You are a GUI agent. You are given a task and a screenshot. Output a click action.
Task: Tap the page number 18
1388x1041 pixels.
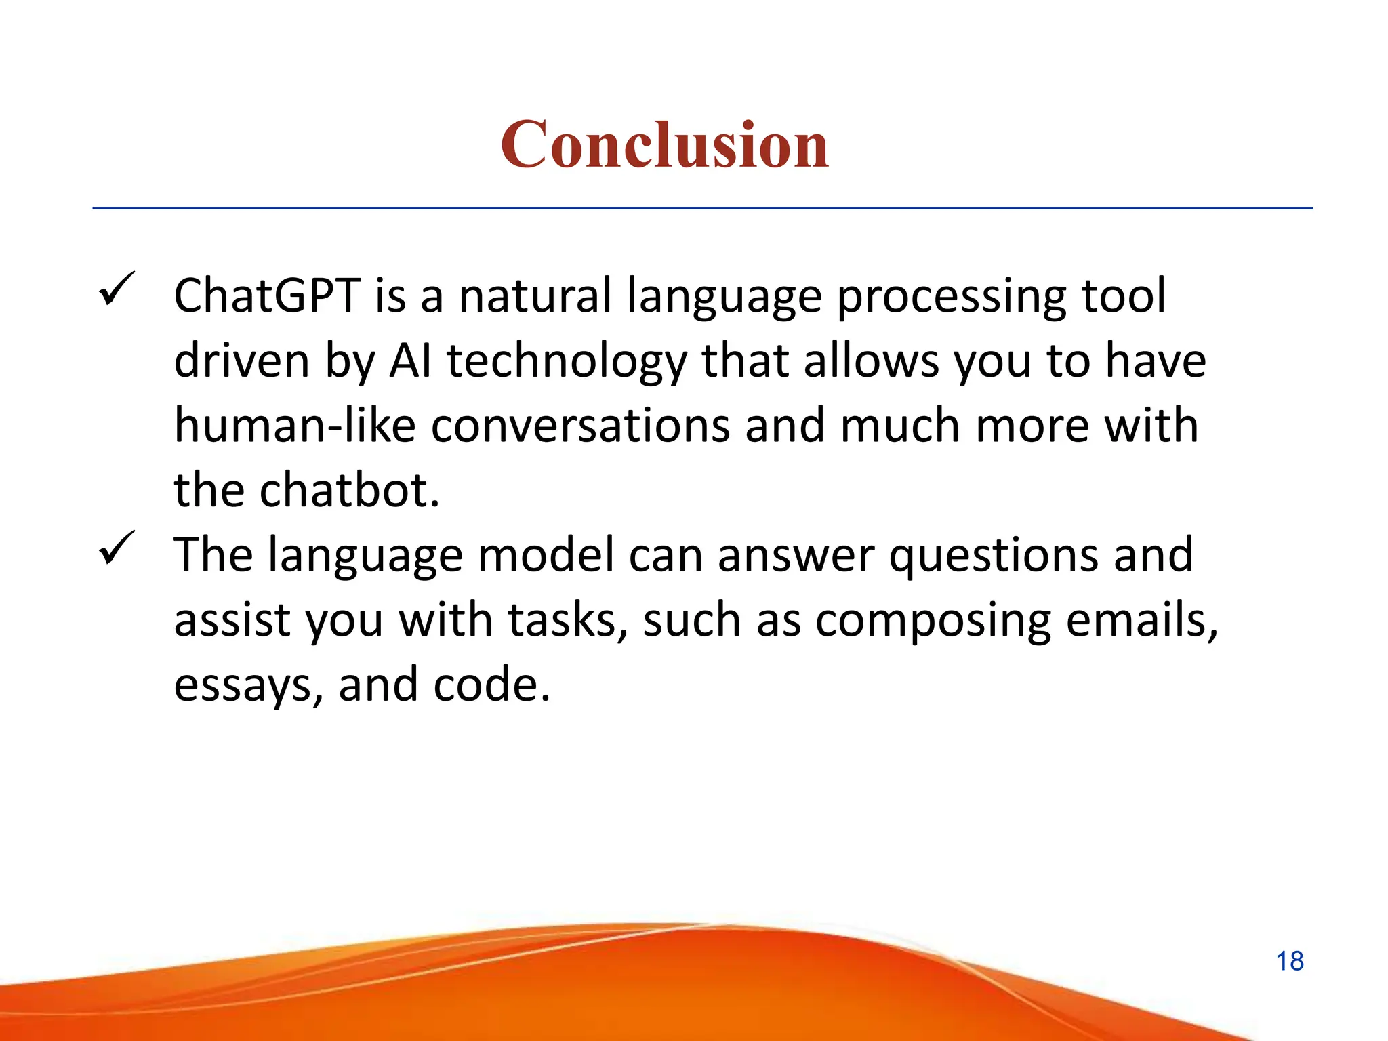[x=1290, y=961]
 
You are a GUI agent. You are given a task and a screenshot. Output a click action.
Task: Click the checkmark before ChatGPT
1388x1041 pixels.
[x=117, y=289]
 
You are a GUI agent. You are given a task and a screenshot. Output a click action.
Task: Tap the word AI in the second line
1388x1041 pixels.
[x=411, y=361]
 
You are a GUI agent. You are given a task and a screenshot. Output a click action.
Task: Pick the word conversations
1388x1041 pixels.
[x=580, y=426]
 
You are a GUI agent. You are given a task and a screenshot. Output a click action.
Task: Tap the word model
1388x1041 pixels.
[x=546, y=555]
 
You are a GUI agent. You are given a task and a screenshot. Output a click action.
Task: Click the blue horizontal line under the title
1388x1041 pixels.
[x=702, y=209]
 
